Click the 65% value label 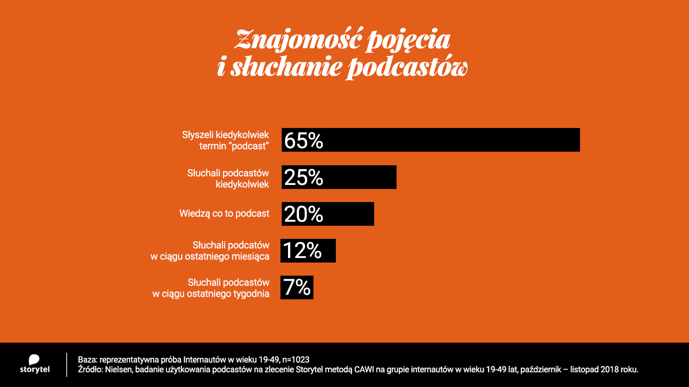pyautogui.click(x=303, y=141)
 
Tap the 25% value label pyautogui.click(x=303, y=177)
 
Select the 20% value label pyautogui.click(x=303, y=214)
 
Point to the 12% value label pyautogui.click(x=302, y=251)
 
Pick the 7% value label pyautogui.click(x=297, y=287)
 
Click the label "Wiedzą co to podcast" pyautogui.click(x=224, y=214)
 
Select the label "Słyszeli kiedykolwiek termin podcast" pyautogui.click(x=225, y=141)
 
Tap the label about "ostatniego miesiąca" pyautogui.click(x=210, y=251)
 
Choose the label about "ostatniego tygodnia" pyautogui.click(x=211, y=288)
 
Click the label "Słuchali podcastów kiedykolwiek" pyautogui.click(x=228, y=178)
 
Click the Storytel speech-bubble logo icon pyautogui.click(x=34, y=359)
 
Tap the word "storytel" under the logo pyautogui.click(x=34, y=370)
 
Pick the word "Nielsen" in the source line pyautogui.click(x=119, y=370)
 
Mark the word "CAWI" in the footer pyautogui.click(x=344, y=370)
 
